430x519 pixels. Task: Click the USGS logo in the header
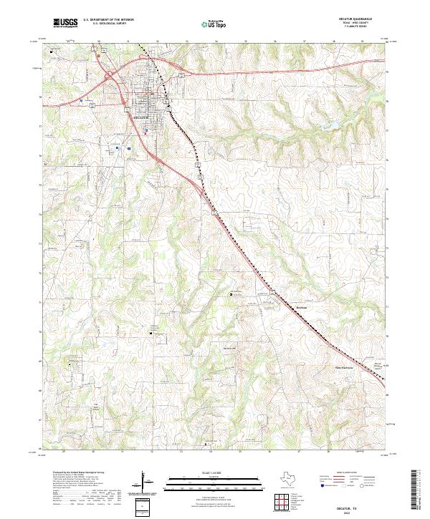(65, 23)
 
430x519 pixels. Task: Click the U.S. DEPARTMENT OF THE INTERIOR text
(108, 19)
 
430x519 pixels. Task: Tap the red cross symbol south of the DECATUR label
(146, 130)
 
